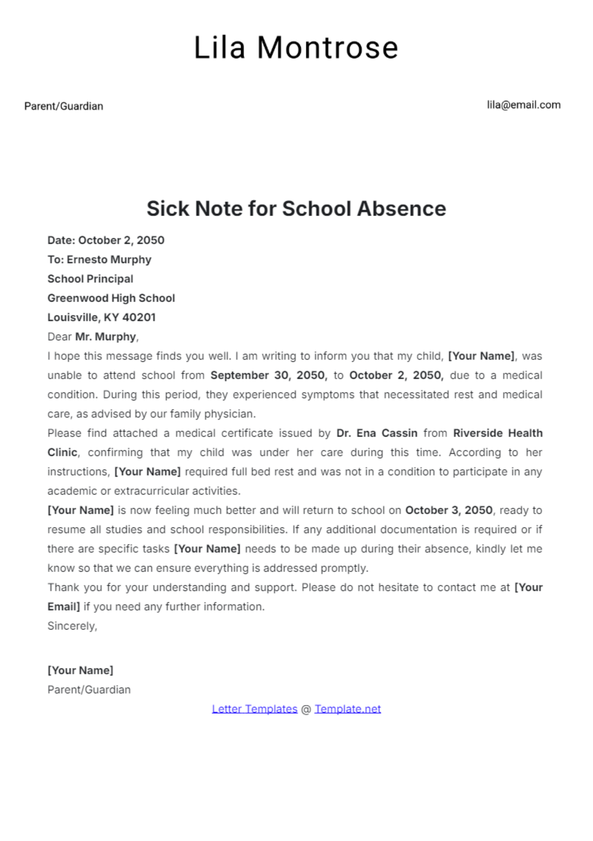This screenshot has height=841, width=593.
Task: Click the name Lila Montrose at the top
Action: (296, 48)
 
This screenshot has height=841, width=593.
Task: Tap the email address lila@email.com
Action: (523, 105)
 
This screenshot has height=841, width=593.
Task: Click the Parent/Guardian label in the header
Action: (64, 106)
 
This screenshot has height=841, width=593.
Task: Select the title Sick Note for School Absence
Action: (296, 209)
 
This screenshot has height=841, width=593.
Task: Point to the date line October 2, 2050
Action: (121, 240)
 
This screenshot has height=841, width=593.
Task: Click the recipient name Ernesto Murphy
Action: (109, 260)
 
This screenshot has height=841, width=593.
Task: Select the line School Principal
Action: (90, 279)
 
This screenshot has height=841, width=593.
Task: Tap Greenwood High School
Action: (111, 298)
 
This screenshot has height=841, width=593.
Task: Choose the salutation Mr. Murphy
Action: (106, 337)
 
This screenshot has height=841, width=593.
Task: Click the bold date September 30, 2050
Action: (268, 375)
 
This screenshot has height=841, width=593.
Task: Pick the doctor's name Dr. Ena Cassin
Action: (377, 433)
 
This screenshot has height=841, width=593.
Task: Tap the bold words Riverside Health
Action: (497, 433)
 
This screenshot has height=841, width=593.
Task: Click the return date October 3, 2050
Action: (449, 510)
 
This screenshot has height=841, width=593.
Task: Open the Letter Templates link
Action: (254, 709)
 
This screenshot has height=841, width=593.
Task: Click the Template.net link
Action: (347, 709)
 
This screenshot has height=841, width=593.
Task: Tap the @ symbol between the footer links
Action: (306, 709)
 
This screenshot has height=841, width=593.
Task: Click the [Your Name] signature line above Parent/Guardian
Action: (81, 670)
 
